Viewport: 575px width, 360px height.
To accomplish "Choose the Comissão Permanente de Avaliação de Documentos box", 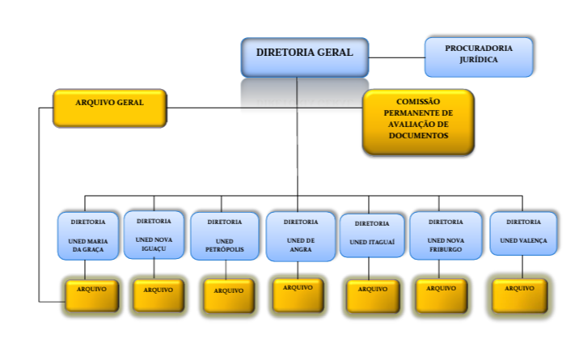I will click(417, 121).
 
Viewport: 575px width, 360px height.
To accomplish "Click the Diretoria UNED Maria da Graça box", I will click(87, 235).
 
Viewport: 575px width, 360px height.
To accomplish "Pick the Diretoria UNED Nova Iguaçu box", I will click(154, 235).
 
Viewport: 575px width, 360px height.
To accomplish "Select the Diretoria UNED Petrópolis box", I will click(224, 236).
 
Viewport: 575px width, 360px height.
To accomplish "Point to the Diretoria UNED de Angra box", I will click(300, 236).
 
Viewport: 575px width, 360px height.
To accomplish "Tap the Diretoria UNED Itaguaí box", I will click(372, 235).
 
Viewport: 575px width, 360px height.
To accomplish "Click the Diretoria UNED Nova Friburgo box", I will click(446, 235).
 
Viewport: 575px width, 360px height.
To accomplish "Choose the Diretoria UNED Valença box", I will click(523, 234).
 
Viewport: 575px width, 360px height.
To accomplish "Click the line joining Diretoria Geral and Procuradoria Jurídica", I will click(396, 57).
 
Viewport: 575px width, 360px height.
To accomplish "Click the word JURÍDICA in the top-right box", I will click(479, 60).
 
